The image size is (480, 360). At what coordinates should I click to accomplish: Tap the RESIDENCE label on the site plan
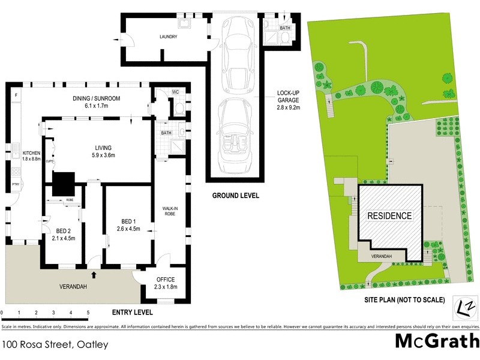(x=389, y=216)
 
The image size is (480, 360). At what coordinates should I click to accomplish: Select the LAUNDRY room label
(x=169, y=37)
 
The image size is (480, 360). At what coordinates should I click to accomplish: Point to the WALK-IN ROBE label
(x=169, y=212)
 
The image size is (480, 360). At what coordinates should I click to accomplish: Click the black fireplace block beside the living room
(x=62, y=183)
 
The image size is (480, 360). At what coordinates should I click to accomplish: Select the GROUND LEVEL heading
(x=235, y=196)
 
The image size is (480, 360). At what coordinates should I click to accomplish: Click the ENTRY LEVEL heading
(x=133, y=313)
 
